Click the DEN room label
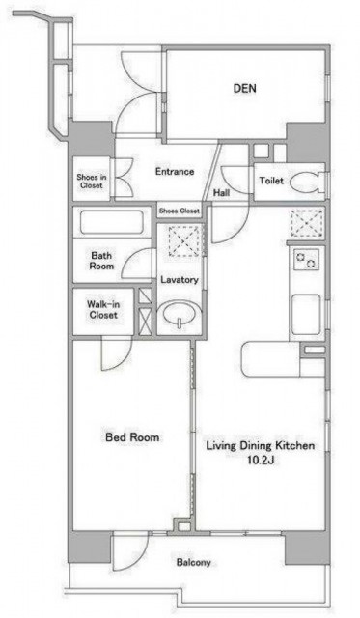tap(244, 88)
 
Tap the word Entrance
tap(175, 172)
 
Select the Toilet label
tap(271, 181)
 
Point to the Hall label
tap(221, 193)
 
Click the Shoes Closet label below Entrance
tap(179, 211)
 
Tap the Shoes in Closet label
tap(92, 181)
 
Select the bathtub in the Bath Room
tap(112, 223)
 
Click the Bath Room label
tap(101, 261)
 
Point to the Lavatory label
tap(180, 280)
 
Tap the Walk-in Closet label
tap(103, 309)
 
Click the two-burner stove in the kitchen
tap(306, 260)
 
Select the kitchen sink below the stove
tap(306, 315)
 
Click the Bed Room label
tap(132, 437)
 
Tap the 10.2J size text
tap(261, 460)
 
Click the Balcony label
tap(193, 562)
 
